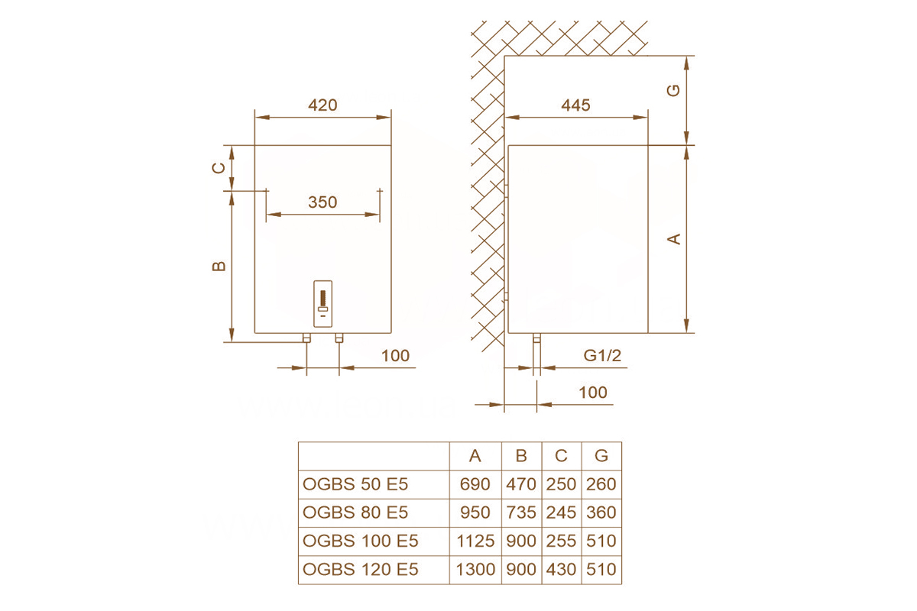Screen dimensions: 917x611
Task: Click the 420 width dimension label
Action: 322,105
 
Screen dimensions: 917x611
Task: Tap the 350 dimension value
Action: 322,202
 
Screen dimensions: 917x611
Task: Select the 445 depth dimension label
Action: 575,105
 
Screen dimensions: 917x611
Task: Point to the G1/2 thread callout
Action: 602,355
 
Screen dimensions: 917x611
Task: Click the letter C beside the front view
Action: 219,168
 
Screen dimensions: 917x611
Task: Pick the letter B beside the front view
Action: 219,267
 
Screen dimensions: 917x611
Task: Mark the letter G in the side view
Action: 673,90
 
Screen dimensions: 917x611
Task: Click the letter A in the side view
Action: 674,238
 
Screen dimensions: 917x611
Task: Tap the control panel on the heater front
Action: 322,304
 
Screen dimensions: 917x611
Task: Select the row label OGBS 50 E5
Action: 355,484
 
